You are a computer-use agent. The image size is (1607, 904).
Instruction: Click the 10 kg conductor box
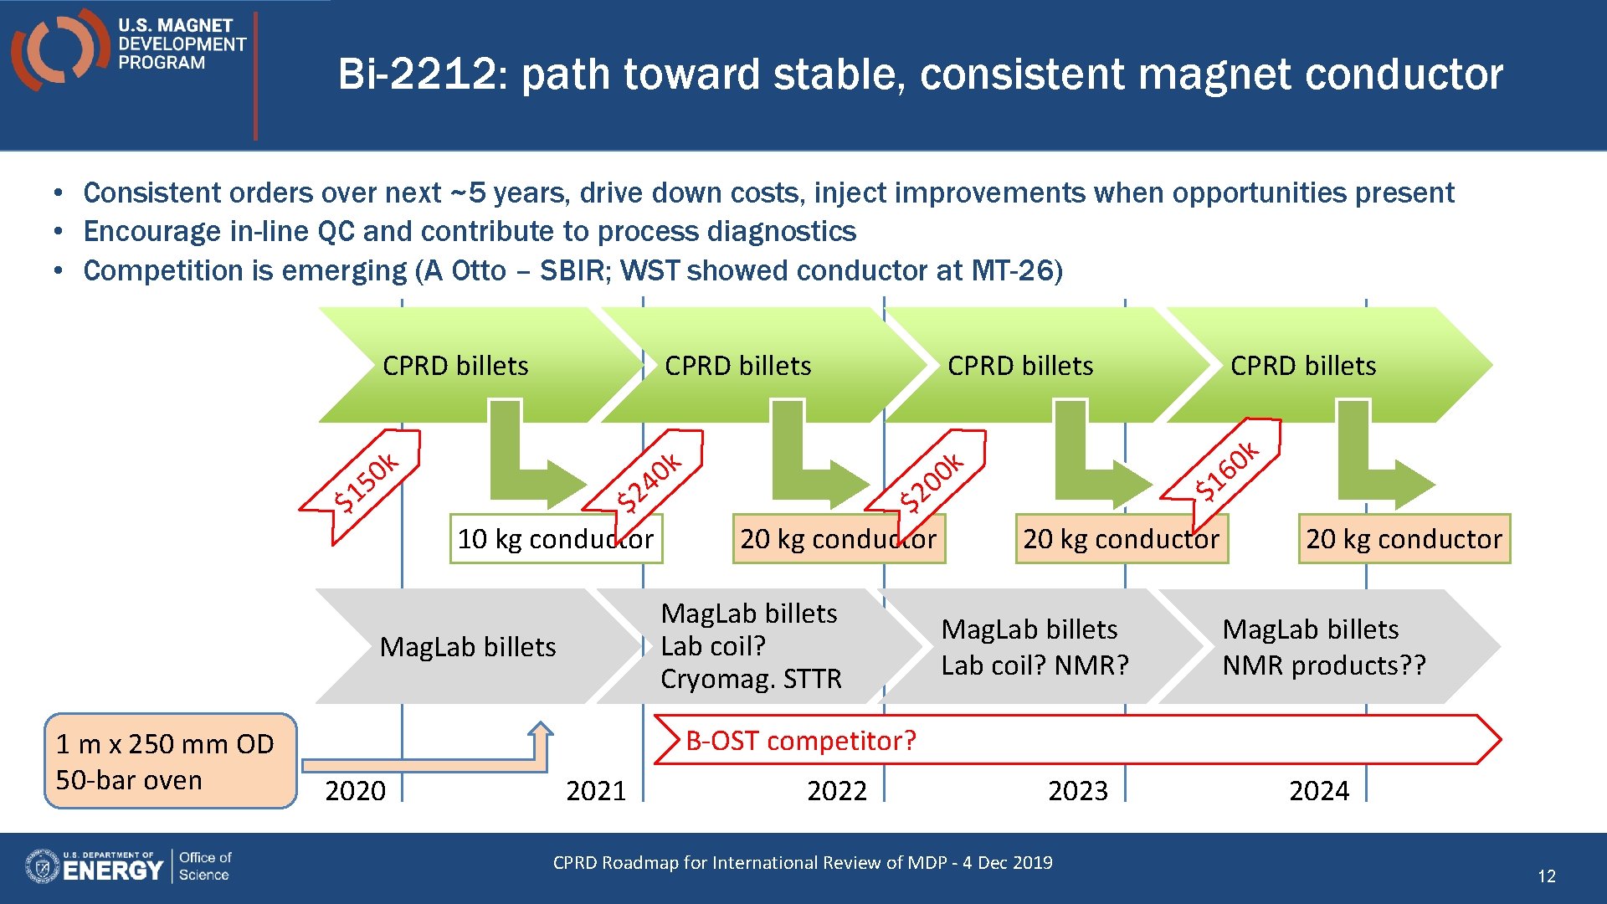(x=555, y=539)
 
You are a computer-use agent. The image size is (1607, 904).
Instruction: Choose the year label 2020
(x=355, y=790)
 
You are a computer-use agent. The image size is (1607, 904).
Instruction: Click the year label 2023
(x=1077, y=790)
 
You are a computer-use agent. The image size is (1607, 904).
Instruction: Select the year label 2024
(x=1318, y=790)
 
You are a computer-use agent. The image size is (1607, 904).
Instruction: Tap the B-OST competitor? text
(x=800, y=741)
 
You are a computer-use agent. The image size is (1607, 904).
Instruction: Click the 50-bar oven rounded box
(x=170, y=761)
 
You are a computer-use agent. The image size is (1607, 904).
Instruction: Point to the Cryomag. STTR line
(x=751, y=679)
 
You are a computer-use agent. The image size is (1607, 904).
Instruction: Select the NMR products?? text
(x=1323, y=665)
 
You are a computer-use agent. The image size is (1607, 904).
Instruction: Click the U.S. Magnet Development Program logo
(x=130, y=47)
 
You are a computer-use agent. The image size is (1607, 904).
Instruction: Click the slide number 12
(x=1546, y=876)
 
